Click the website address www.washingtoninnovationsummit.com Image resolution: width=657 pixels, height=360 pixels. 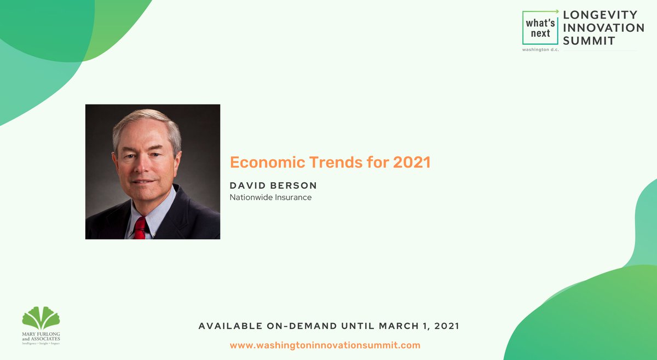coord(325,345)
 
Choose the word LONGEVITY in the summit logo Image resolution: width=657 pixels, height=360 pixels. coord(600,15)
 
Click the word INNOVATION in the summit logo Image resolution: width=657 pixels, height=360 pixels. coord(603,28)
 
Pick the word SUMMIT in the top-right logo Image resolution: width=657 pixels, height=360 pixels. coord(589,41)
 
